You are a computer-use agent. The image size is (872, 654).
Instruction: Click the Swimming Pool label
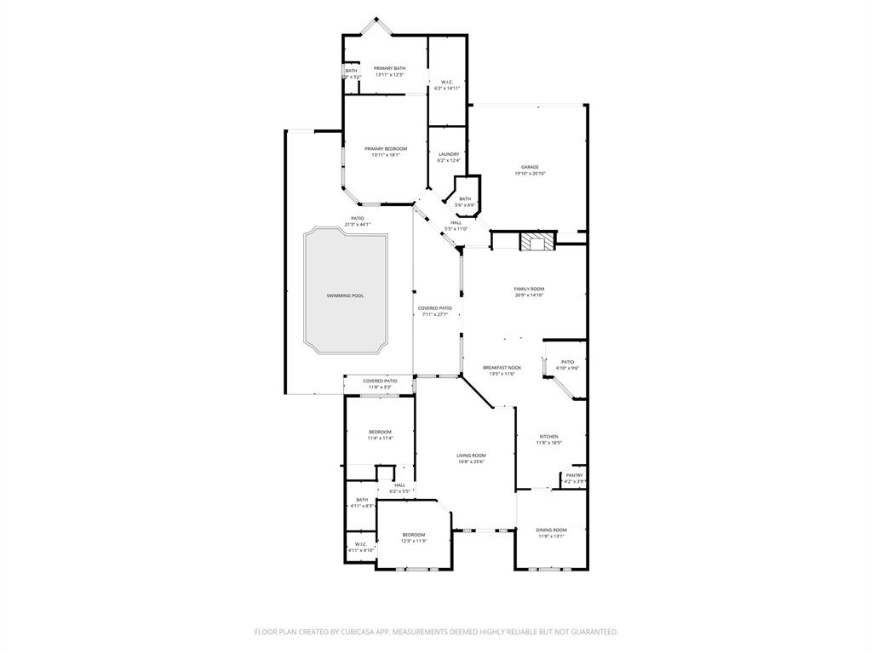345,295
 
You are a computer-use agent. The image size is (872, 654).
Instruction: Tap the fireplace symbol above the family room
537,242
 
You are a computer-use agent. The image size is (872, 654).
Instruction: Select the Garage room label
530,167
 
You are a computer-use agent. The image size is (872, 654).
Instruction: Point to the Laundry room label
448,154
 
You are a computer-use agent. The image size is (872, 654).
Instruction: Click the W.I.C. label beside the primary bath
447,82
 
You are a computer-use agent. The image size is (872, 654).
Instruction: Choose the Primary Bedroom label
386,148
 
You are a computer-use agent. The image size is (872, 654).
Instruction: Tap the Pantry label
575,475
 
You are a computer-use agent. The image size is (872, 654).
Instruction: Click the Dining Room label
552,530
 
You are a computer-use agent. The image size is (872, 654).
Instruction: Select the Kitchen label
548,436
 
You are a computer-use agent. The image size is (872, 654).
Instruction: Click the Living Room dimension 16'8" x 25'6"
471,462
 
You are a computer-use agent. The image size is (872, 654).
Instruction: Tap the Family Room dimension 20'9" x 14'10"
529,295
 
